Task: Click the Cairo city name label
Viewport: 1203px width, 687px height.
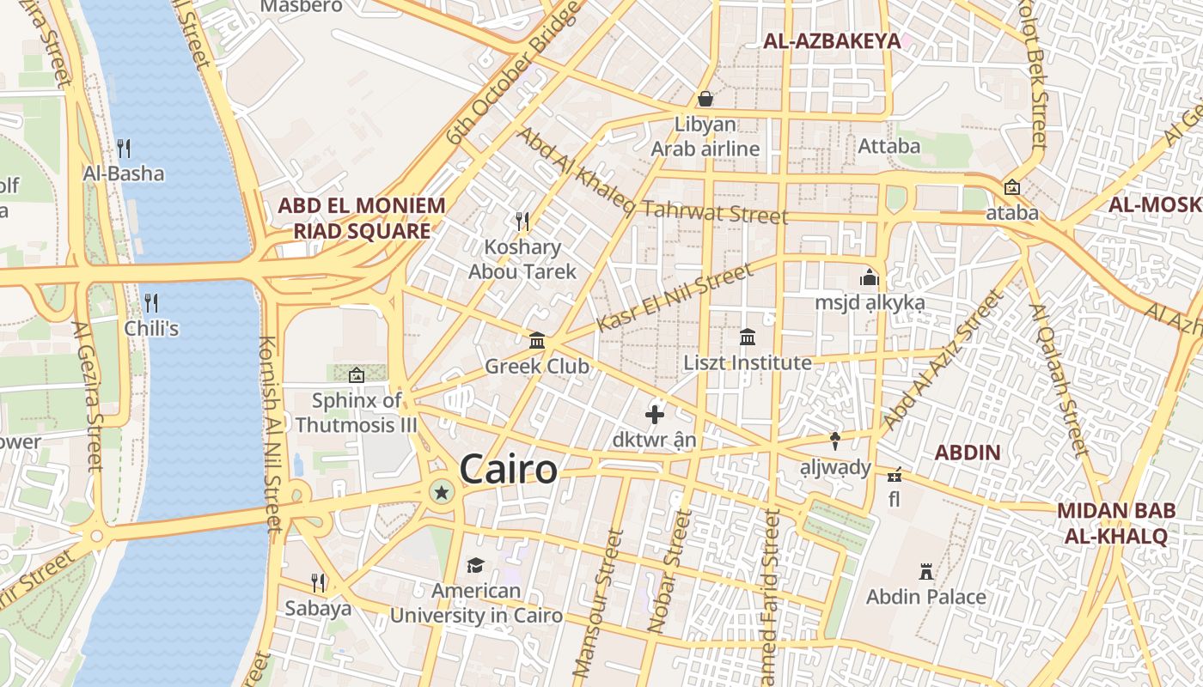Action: click(508, 470)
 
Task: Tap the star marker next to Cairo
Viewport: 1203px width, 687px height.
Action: click(442, 492)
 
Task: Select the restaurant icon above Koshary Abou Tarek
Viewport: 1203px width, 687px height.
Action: click(522, 222)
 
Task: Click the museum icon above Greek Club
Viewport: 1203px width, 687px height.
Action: click(537, 341)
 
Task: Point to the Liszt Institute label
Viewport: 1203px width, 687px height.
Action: click(747, 362)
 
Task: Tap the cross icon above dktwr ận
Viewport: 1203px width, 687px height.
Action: click(655, 415)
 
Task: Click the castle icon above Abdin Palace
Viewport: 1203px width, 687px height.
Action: click(925, 571)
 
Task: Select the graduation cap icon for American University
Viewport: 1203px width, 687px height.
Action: click(475, 565)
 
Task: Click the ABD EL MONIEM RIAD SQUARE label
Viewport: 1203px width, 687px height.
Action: click(361, 218)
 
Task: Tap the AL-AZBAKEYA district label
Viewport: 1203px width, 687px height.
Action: click(832, 40)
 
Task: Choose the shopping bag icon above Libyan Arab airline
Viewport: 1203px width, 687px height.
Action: click(705, 99)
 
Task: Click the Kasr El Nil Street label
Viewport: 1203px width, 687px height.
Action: click(675, 298)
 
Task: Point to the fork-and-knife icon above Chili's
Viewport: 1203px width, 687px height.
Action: click(151, 302)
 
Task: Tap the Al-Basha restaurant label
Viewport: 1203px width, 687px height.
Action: click(123, 173)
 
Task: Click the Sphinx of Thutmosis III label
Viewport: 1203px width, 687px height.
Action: click(356, 412)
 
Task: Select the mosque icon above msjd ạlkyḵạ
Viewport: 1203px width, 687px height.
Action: click(870, 277)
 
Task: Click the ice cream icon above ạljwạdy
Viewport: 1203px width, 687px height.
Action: click(835, 441)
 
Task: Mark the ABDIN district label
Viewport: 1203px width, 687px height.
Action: click(967, 453)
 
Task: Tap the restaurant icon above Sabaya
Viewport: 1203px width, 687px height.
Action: click(318, 583)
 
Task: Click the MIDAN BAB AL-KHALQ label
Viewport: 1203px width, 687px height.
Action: click(1115, 523)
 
